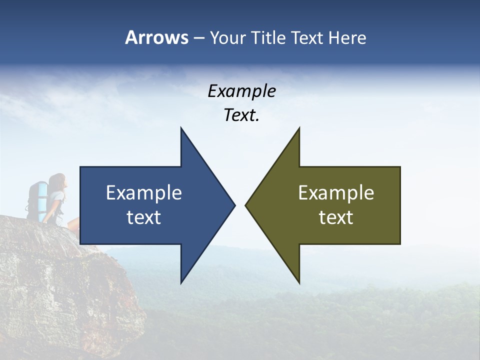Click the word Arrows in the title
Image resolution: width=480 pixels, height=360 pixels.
tap(156, 37)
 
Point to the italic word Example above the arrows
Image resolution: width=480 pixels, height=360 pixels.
tap(241, 91)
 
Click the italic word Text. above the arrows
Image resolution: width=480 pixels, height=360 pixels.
tap(241, 115)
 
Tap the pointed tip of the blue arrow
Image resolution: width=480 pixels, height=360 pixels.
tap(233, 205)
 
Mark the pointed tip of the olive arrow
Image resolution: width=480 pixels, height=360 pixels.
tap(247, 205)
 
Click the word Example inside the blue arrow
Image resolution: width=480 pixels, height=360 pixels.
tap(144, 192)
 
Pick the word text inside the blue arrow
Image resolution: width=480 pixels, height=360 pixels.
tap(144, 217)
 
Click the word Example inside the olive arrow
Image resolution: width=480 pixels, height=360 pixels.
tap(336, 192)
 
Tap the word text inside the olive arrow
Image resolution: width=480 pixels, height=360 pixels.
tap(336, 217)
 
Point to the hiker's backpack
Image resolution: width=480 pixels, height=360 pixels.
tap(36, 200)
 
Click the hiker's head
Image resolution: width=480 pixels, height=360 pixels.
tap(58, 181)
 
